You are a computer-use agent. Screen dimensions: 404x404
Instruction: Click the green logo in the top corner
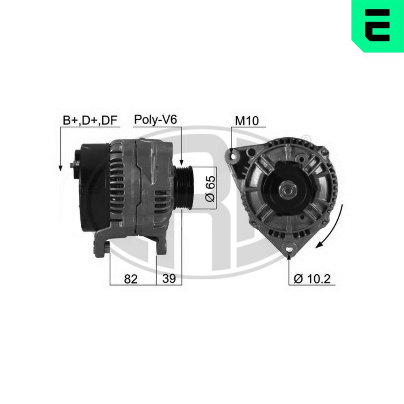(x=378, y=26)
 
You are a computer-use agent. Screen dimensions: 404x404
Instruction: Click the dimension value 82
(x=131, y=278)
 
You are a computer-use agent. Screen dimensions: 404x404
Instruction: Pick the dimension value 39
(x=169, y=278)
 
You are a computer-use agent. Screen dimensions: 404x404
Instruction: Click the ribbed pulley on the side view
(x=185, y=188)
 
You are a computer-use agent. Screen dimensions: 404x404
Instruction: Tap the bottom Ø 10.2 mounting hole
(x=290, y=249)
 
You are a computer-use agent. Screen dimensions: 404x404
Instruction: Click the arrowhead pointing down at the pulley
(x=181, y=161)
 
